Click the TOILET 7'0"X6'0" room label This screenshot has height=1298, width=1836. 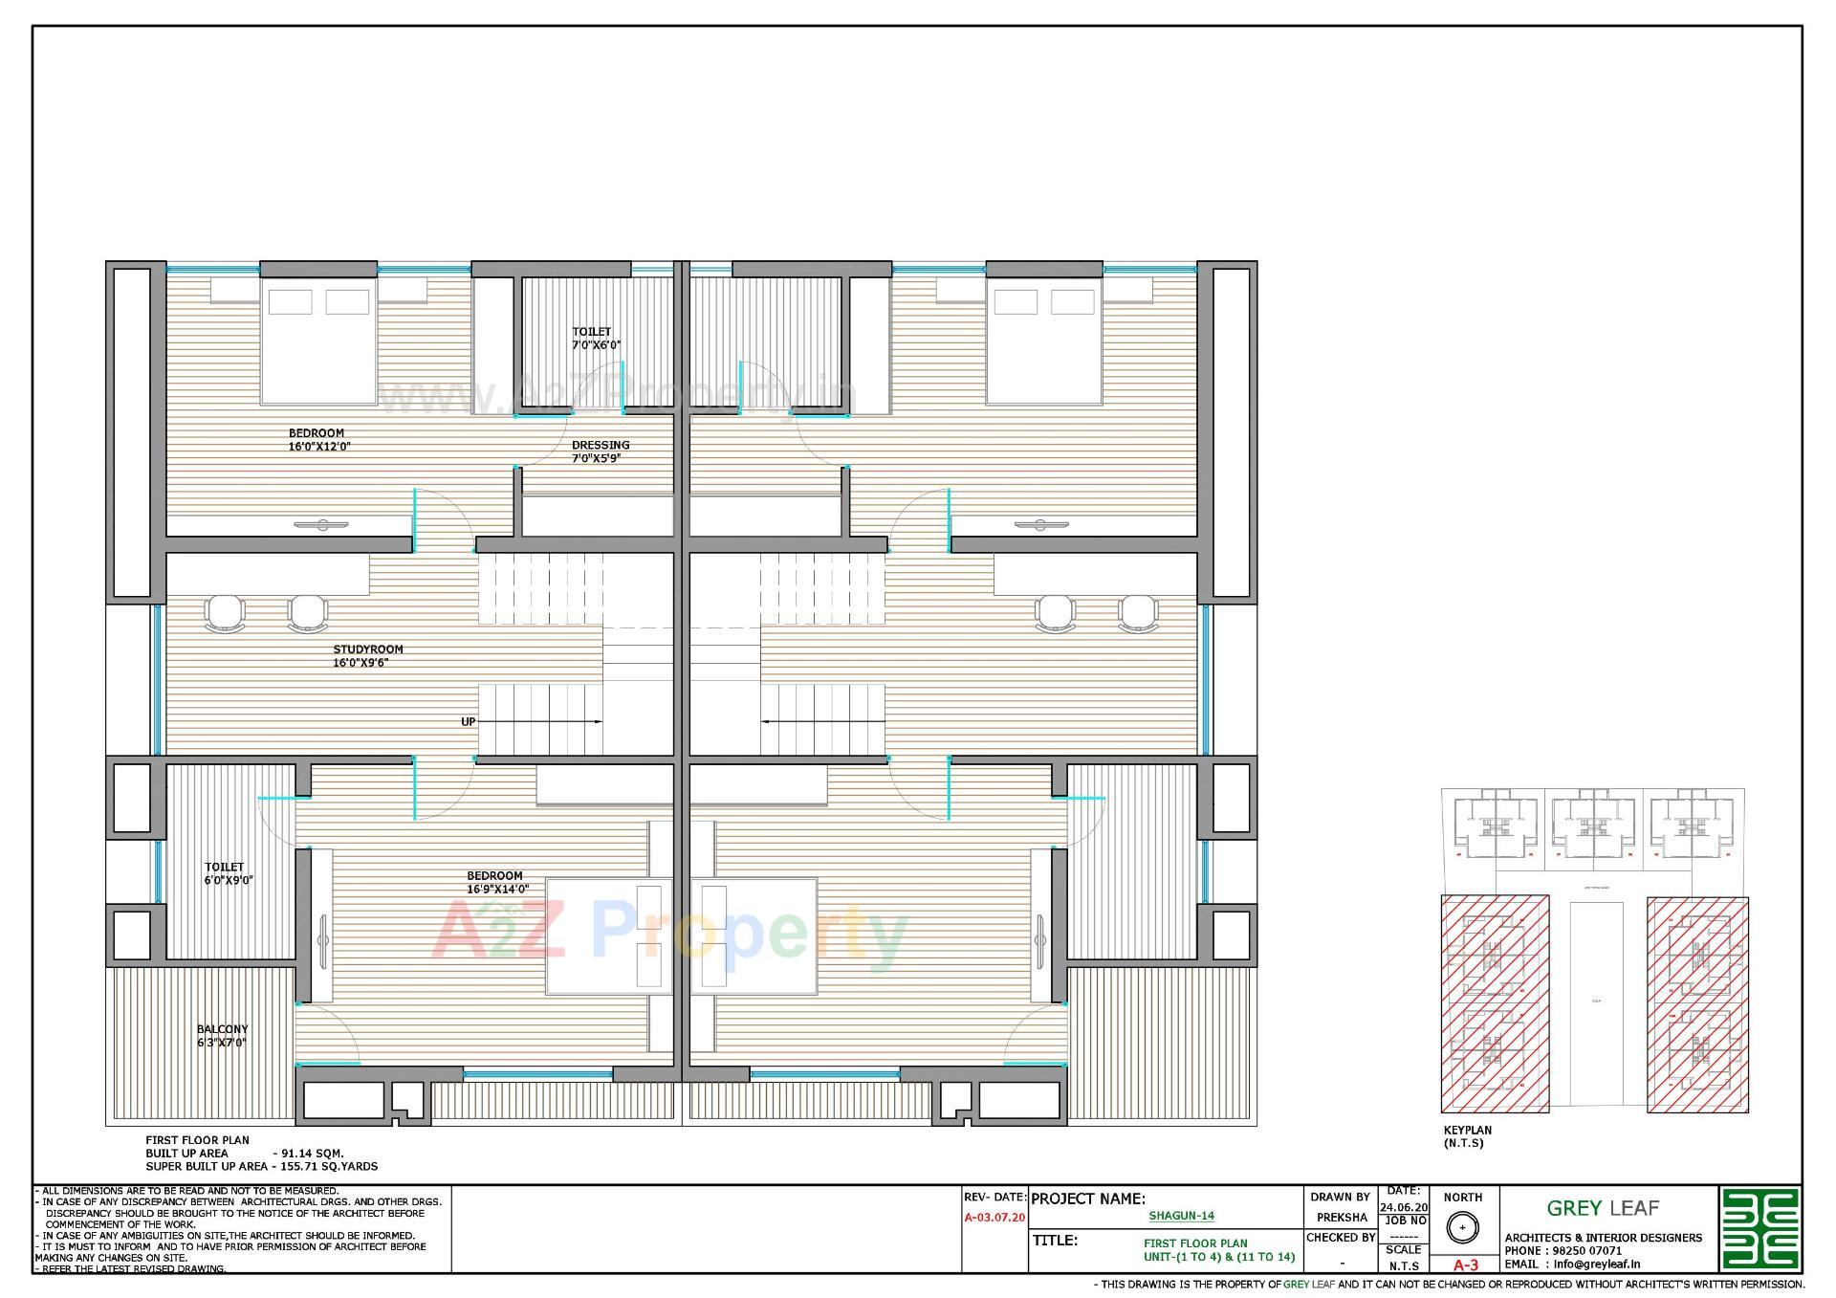[593, 339]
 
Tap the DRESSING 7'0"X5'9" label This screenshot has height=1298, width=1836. [601, 451]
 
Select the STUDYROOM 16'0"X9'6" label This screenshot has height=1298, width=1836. [367, 655]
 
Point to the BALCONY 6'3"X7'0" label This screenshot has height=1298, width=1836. [222, 1036]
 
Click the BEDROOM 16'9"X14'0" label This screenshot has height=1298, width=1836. [496, 882]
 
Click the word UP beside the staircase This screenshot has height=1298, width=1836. [468, 722]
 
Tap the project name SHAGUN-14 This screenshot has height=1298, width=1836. [1181, 1216]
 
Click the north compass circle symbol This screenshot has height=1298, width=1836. [1461, 1227]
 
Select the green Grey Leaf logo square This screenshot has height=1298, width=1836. [1759, 1229]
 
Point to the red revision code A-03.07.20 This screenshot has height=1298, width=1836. [994, 1218]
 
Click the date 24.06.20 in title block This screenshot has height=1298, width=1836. [1403, 1207]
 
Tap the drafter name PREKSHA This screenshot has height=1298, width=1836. [1341, 1218]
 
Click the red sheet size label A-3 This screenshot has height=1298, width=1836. [1465, 1265]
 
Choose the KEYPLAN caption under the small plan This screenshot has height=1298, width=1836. [1467, 1131]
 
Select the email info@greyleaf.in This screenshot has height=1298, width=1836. [1596, 1264]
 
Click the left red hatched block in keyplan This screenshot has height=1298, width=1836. [1495, 1003]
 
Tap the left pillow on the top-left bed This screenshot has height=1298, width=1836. [290, 302]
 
